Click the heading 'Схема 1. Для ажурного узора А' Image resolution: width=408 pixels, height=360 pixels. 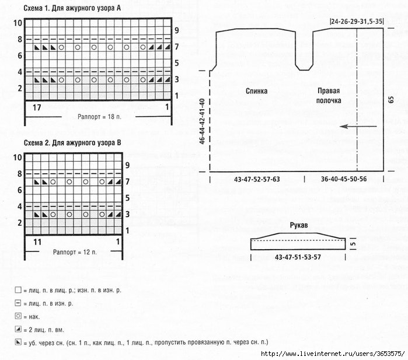(x=72, y=8)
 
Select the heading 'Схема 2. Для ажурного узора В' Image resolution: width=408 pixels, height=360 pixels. (x=72, y=143)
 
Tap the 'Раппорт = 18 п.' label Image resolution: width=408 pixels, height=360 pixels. (x=99, y=117)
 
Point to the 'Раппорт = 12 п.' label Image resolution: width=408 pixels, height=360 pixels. (x=75, y=252)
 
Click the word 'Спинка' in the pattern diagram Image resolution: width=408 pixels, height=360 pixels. (x=257, y=91)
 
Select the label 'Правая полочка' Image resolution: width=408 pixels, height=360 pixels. (x=329, y=96)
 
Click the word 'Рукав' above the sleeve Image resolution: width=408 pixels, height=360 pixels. (x=299, y=225)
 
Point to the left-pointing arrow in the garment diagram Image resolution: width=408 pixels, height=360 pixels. (x=358, y=127)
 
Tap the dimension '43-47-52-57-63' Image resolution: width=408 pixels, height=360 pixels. (x=257, y=179)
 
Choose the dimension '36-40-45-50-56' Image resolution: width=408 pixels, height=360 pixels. (x=344, y=179)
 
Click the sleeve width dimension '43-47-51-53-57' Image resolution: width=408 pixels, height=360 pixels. (x=298, y=257)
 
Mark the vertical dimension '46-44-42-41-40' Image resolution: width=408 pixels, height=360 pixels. (x=202, y=121)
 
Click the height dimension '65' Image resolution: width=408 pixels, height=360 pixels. (x=391, y=100)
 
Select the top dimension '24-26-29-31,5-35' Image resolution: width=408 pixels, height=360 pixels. (x=357, y=22)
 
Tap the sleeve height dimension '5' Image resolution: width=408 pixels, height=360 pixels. (x=353, y=244)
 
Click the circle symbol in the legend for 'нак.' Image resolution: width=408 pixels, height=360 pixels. (x=18, y=316)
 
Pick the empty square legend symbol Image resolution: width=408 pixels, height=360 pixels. (x=18, y=289)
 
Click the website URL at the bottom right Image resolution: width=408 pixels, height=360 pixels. (x=333, y=354)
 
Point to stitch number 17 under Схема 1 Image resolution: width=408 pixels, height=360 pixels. (x=37, y=107)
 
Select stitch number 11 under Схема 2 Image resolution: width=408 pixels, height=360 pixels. (x=37, y=242)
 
